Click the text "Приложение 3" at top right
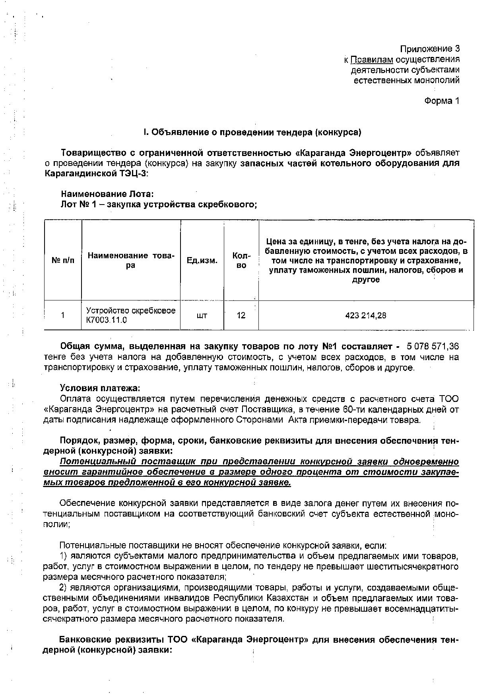click(429, 49)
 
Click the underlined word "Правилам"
click(372, 59)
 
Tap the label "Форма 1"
click(441, 101)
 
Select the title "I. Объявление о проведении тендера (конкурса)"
click(252, 132)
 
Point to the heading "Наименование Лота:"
click(107, 194)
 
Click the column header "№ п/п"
click(63, 261)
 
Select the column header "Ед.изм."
click(202, 261)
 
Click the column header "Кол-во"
click(241, 261)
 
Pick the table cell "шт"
click(202, 316)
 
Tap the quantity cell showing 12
click(241, 316)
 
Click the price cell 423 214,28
click(366, 316)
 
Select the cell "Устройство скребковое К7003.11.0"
click(130, 315)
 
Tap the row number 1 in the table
click(63, 316)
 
